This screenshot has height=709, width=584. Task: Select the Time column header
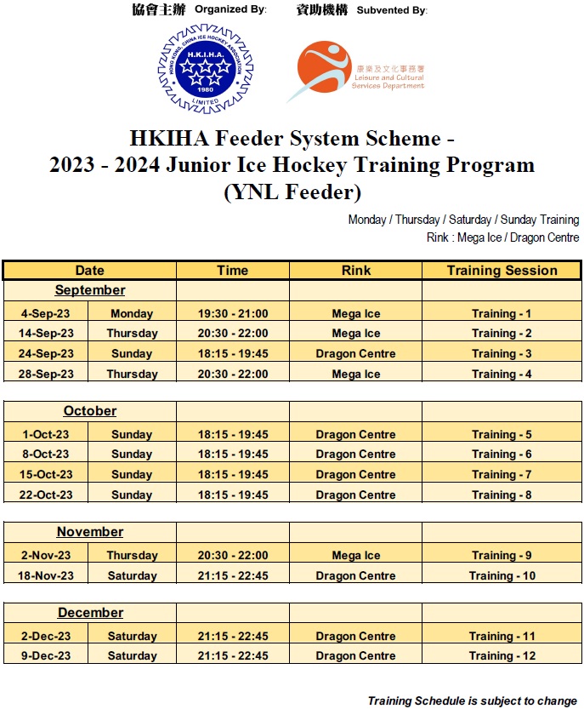(x=232, y=271)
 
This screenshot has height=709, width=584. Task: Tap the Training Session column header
(x=502, y=271)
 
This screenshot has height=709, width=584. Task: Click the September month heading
(x=90, y=290)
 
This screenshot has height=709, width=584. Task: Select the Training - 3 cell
(x=502, y=353)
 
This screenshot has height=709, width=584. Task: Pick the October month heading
(x=90, y=411)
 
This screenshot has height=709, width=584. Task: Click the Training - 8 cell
(x=502, y=495)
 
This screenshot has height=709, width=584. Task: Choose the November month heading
(x=90, y=532)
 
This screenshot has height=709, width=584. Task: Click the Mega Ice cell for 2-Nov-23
(x=355, y=555)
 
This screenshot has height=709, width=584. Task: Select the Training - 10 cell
(x=502, y=575)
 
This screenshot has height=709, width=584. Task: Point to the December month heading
(x=90, y=613)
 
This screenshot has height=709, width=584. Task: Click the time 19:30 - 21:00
(x=232, y=313)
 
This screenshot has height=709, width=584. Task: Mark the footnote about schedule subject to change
(x=472, y=701)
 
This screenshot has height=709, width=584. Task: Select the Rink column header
(x=355, y=271)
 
